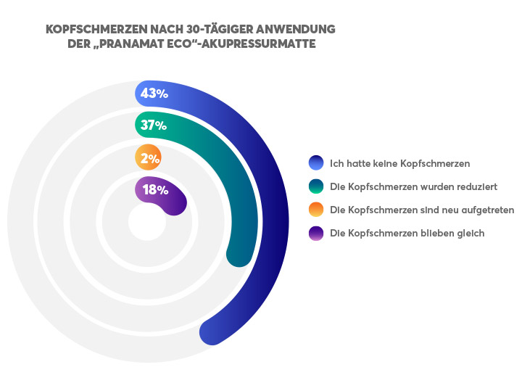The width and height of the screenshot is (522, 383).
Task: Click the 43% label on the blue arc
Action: (x=154, y=94)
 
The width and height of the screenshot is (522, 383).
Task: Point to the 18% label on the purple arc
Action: (x=155, y=191)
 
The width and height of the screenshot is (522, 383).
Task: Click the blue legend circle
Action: (x=315, y=162)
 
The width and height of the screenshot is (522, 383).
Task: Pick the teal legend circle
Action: (x=315, y=186)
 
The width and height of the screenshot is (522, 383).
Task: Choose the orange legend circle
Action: (x=315, y=210)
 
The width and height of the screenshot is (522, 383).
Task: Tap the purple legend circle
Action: (x=315, y=233)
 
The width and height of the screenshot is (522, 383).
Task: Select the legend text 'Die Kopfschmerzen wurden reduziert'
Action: (x=413, y=186)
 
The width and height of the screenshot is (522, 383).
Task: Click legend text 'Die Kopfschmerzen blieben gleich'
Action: (x=407, y=233)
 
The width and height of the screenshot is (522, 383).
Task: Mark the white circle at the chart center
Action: (x=147, y=222)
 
